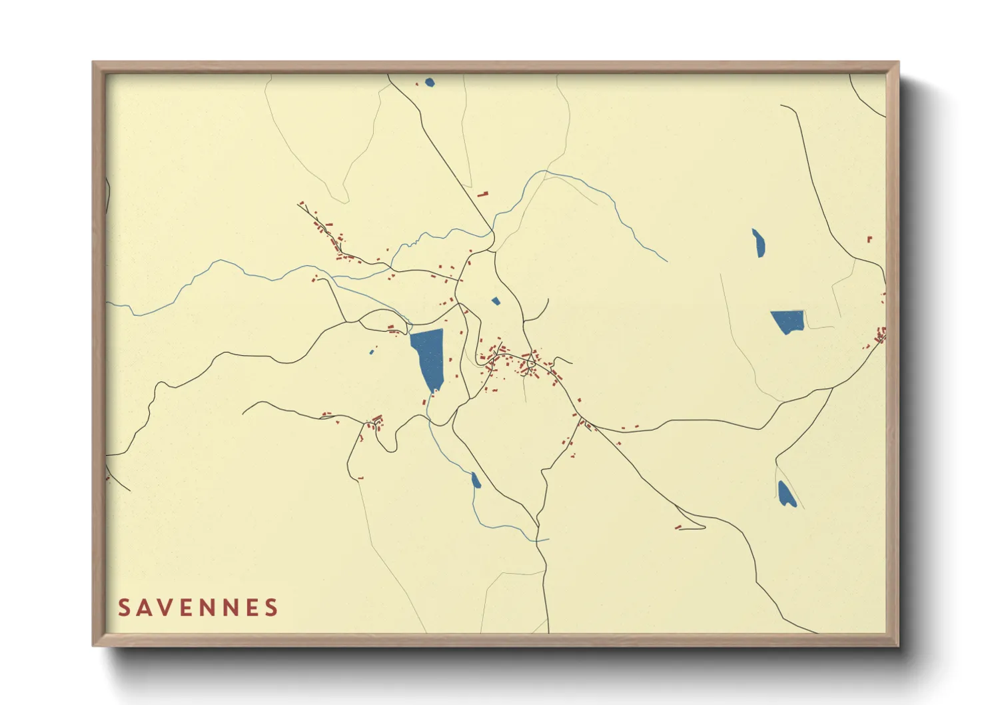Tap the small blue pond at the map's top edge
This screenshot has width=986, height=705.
click(x=429, y=83)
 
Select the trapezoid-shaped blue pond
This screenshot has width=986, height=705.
click(x=788, y=321)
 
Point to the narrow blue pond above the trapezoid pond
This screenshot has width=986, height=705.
click(x=758, y=243)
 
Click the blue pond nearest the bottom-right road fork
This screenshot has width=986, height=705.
click(x=786, y=494)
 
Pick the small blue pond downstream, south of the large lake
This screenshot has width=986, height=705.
click(x=476, y=480)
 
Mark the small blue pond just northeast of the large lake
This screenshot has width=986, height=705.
click(x=496, y=301)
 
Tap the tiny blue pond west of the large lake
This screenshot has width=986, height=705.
click(x=372, y=352)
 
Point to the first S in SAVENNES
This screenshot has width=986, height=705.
click(x=124, y=608)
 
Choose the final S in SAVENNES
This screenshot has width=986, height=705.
click(x=271, y=608)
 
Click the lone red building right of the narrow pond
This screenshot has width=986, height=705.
click(x=869, y=239)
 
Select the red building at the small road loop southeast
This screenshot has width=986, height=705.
click(x=678, y=527)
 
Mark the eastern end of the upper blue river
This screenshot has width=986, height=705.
click(x=667, y=261)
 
